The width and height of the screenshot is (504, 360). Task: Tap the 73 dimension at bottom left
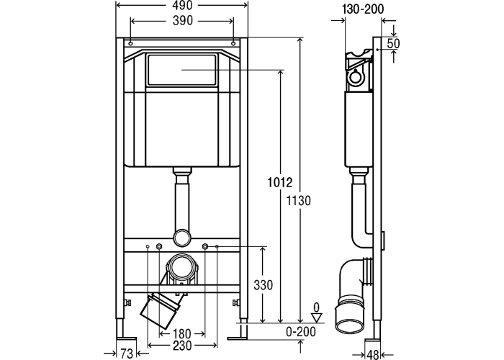[x=127, y=353]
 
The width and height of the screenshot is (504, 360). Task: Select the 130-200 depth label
[x=364, y=9]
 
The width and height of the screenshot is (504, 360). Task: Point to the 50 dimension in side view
[x=392, y=43]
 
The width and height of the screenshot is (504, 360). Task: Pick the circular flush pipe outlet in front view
[x=183, y=237]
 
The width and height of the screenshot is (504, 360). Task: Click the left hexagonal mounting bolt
[x=158, y=247]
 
